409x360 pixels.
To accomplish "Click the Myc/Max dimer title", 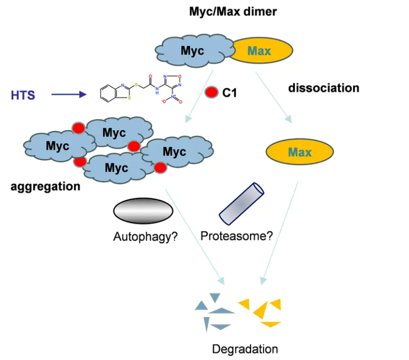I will [x=232, y=12].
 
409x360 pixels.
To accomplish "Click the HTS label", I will [x=23, y=95].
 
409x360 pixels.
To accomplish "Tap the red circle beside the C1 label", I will [x=212, y=93].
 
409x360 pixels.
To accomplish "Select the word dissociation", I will [x=323, y=88].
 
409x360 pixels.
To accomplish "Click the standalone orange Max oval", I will [x=299, y=151].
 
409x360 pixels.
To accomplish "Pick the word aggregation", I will [x=45, y=187].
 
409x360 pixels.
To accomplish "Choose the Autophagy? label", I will [x=145, y=236].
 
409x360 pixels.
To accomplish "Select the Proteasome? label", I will [x=236, y=235].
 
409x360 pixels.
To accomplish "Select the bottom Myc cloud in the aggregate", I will [x=117, y=168].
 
